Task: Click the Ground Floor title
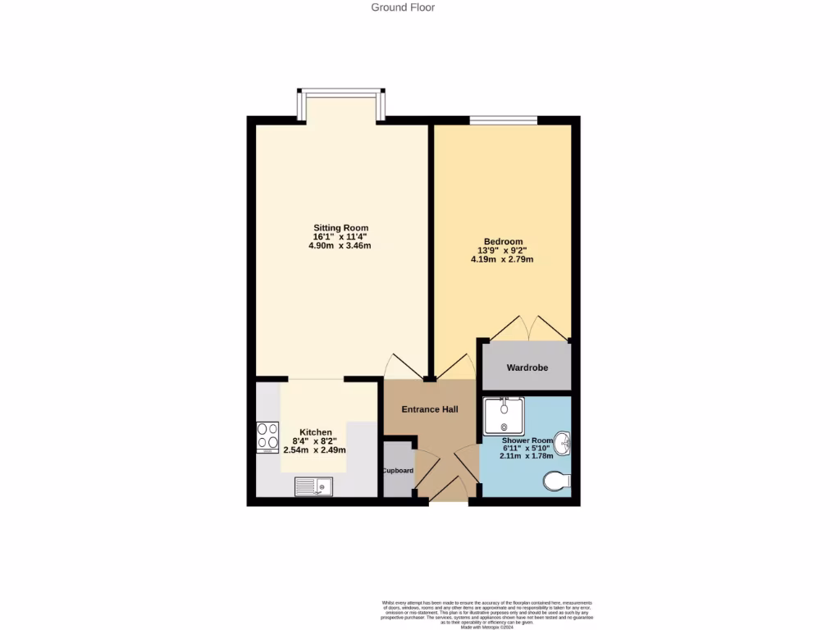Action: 403,7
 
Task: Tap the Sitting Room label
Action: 340,228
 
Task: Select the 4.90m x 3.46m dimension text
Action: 340,246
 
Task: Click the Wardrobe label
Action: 527,367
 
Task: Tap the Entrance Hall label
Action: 429,409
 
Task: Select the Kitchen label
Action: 316,432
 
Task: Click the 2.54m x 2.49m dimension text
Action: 315,450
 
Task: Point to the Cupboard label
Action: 399,471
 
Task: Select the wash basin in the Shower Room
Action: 563,444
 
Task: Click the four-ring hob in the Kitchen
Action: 267,437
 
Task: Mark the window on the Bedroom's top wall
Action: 504,121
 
